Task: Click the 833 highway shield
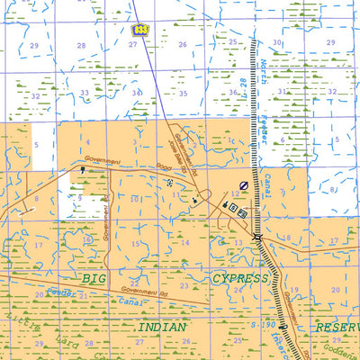tap(139, 30)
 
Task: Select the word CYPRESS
tap(240, 279)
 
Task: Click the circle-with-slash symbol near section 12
tap(243, 185)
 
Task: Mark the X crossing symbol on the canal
tap(257, 237)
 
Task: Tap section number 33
tap(84, 93)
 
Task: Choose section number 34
tap(137, 93)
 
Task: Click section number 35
tap(183, 94)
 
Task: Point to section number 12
tap(235, 193)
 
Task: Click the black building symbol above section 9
tap(83, 170)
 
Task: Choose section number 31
tap(282, 91)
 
